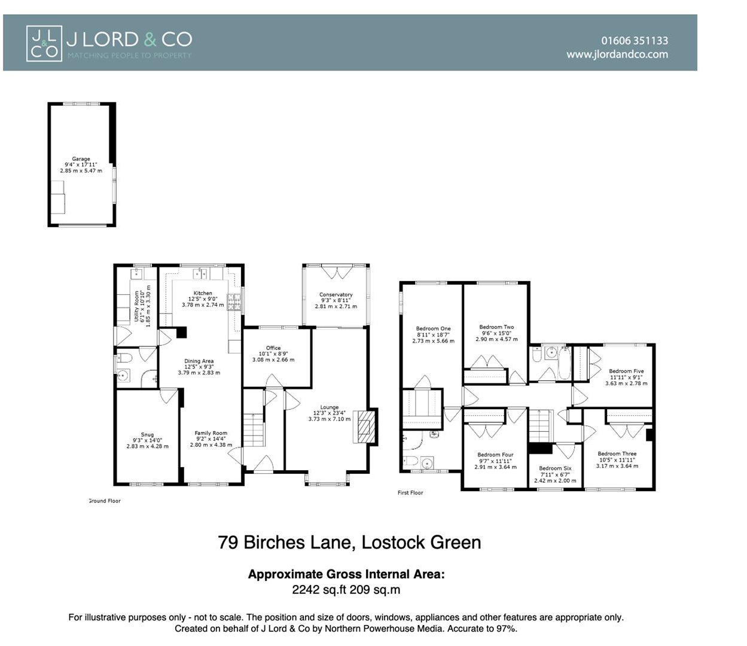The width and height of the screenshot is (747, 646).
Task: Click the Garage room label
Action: click(x=81, y=159)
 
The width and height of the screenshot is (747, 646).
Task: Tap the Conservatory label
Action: click(x=336, y=295)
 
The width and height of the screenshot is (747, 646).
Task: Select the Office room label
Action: click(x=273, y=348)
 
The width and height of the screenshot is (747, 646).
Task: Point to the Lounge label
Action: click(x=329, y=407)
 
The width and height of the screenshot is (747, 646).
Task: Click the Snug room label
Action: click(x=147, y=435)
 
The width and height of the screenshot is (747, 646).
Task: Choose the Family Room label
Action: click(x=211, y=433)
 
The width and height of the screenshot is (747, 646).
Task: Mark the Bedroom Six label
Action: click(x=555, y=468)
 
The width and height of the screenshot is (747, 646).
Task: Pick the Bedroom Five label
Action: click(x=626, y=371)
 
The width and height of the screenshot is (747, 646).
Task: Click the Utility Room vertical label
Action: click(x=137, y=306)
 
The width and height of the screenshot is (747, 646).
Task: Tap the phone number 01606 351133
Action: click(x=635, y=41)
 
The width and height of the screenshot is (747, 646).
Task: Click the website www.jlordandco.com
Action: click(x=617, y=54)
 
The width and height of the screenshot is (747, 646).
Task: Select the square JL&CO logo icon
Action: click(x=44, y=43)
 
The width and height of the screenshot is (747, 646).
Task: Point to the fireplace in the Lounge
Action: click(x=364, y=426)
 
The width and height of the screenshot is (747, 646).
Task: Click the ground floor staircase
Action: click(x=254, y=429)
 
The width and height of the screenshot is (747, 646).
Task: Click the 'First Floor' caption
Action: click(x=410, y=493)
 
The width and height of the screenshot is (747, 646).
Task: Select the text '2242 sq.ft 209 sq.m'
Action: click(x=346, y=590)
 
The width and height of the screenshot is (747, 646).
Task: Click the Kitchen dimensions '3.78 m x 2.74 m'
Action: click(x=203, y=305)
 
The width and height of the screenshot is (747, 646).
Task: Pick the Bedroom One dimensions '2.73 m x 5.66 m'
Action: click(x=433, y=341)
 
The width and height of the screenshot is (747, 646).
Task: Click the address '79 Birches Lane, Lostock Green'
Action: click(x=349, y=543)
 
